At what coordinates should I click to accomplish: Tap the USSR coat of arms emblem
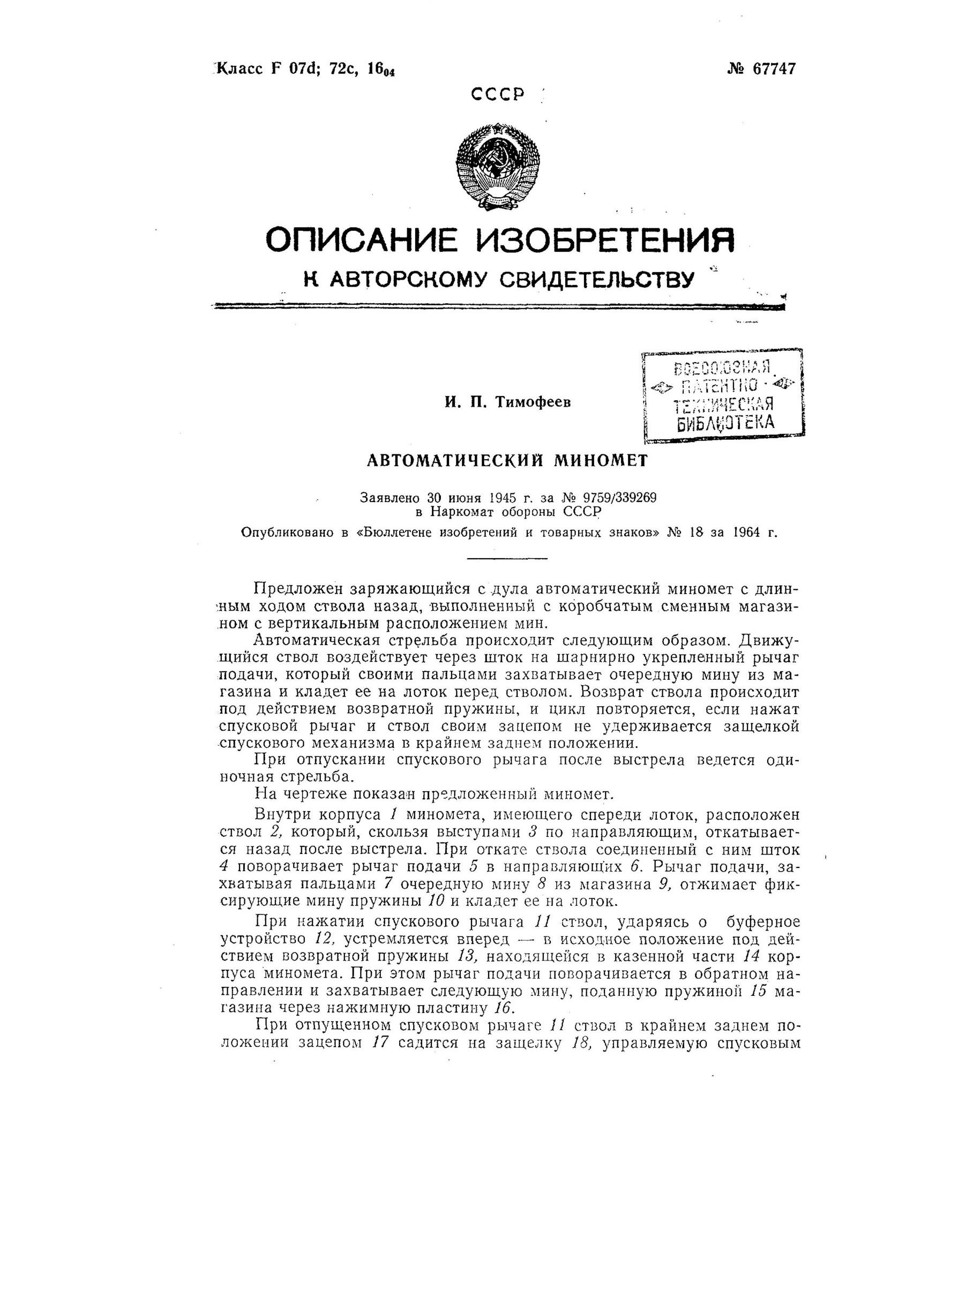(498, 166)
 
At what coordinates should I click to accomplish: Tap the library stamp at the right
(723, 393)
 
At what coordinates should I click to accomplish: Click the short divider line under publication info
(506, 558)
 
